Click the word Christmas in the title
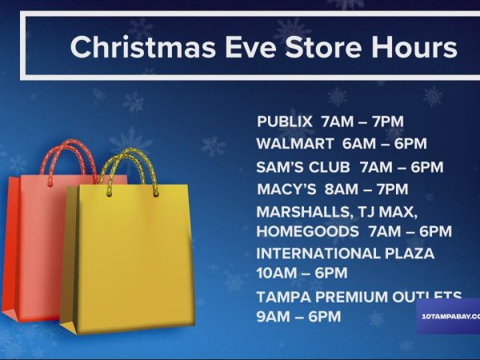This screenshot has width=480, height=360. pos(130,47)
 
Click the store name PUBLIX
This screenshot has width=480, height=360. pos(285,122)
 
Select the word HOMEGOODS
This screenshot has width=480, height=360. pos(307,231)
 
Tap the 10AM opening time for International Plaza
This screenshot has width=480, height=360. pos(274,274)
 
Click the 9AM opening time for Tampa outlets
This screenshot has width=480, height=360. pos(272,317)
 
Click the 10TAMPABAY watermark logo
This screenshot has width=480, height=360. pos(449,316)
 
